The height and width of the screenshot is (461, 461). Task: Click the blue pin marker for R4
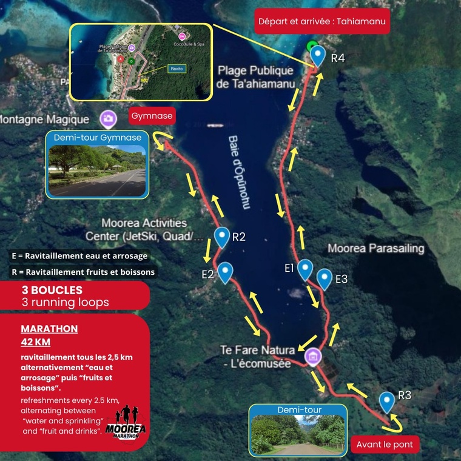coord(318,55)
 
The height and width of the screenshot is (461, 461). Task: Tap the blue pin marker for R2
coord(223,237)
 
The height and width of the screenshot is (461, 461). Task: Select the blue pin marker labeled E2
coord(225,272)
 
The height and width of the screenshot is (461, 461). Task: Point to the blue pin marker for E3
coord(325,278)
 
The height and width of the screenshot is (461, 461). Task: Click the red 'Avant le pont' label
coord(385,445)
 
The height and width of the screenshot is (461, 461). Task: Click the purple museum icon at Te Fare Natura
coord(312,355)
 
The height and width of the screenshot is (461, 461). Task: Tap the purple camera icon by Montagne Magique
coord(109,118)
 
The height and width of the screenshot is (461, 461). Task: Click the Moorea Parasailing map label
coord(375,249)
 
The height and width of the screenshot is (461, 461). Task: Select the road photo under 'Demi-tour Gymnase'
coord(97,170)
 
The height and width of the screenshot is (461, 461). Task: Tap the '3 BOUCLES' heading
coord(52,290)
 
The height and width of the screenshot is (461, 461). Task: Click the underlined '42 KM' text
coord(35,342)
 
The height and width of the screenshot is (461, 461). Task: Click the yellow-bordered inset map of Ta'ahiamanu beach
coord(141,62)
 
